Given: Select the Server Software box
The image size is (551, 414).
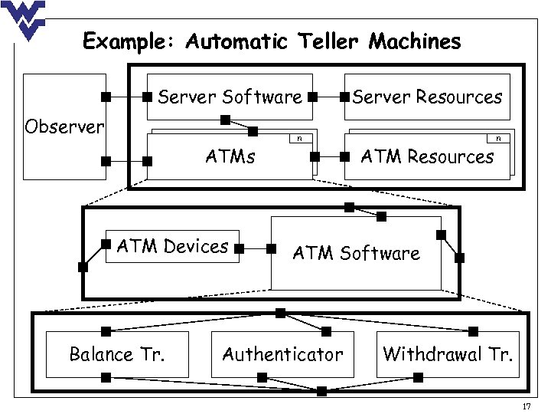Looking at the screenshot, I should coord(230,97).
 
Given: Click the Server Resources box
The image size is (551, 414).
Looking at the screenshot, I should coord(427,97).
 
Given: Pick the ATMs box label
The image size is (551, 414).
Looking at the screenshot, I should coord(230,157).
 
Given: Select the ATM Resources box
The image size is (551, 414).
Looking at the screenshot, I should coord(427,157).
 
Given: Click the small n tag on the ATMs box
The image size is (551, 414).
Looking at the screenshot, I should coord(299,139).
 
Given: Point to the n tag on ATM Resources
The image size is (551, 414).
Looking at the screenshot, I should coord(499,139).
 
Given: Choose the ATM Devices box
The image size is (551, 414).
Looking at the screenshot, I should coord(172,247).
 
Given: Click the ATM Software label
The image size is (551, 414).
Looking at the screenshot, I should coord(357,253).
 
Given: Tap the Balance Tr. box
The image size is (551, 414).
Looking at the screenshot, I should coord(117,354).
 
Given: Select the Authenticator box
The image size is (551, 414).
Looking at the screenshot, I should coord(282,354).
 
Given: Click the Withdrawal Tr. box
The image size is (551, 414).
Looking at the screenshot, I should coord(448,354).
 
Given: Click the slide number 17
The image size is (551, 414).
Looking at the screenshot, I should coord(526,406).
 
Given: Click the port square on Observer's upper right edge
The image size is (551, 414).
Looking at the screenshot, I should coord(106,97).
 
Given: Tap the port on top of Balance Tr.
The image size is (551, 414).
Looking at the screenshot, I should coord(106,331).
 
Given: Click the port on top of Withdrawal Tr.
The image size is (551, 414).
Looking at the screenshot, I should coord(473,331).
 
